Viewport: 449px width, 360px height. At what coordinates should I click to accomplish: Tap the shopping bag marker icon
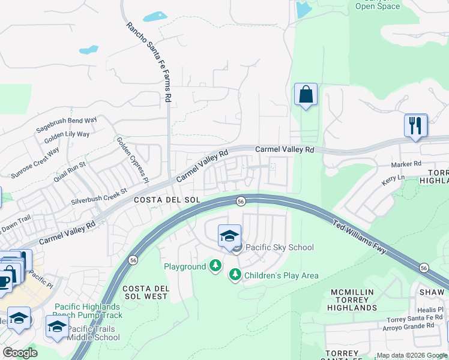[306, 95]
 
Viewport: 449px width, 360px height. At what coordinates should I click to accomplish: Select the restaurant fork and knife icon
[415, 126]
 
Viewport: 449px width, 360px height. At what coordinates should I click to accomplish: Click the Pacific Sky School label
[279, 247]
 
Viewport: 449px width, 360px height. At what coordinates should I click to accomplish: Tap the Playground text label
[185, 266]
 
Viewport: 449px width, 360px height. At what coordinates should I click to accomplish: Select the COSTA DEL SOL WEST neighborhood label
[145, 292]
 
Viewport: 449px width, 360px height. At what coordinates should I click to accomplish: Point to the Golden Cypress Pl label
[133, 159]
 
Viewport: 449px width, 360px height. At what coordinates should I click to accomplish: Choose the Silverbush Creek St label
[99, 196]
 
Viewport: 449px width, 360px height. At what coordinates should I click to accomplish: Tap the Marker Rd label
[406, 163]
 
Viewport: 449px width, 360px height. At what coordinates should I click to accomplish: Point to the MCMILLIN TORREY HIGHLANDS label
[352, 300]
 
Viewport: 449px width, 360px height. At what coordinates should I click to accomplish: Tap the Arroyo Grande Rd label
[408, 326]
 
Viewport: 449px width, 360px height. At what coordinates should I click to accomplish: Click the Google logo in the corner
[20, 353]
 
